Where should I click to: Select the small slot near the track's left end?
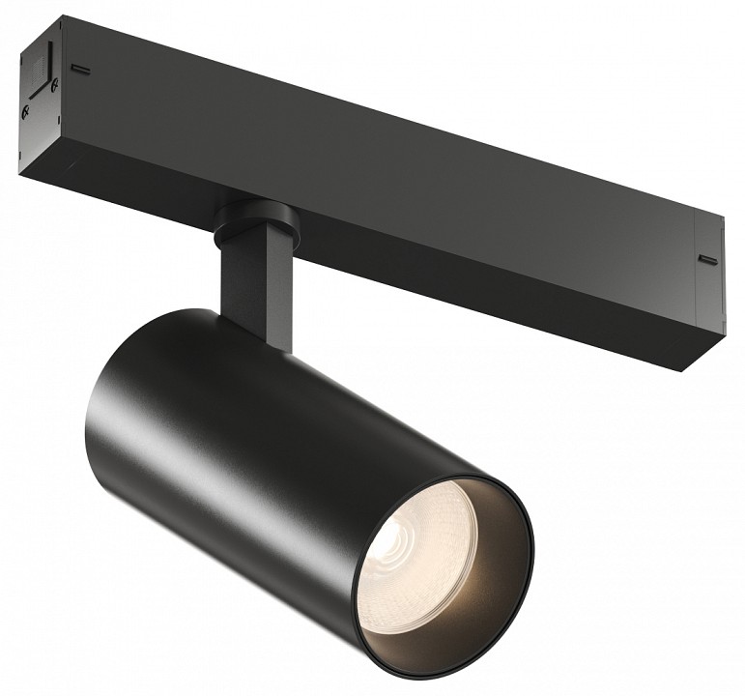coord(84,70)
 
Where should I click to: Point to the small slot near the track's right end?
coord(707,260)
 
